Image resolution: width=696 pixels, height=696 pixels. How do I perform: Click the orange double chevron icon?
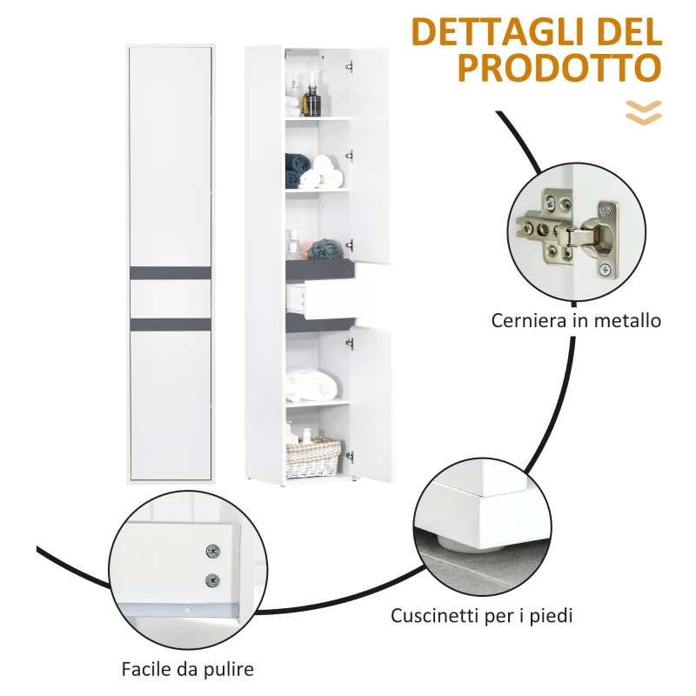(644, 112)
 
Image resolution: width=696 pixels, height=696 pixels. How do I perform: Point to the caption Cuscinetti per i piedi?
(482, 617)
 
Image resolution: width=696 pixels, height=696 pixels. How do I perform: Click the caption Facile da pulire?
(188, 670)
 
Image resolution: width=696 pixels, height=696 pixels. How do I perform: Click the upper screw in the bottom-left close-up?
(211, 551)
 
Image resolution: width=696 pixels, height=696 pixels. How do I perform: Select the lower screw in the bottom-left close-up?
(211, 580)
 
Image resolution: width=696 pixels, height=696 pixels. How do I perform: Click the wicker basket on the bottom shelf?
(312, 456)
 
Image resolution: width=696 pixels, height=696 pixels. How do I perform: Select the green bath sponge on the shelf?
(323, 249)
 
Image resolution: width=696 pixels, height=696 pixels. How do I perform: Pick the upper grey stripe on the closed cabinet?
(171, 271)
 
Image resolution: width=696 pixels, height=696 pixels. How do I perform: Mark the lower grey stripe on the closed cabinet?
(171, 325)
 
